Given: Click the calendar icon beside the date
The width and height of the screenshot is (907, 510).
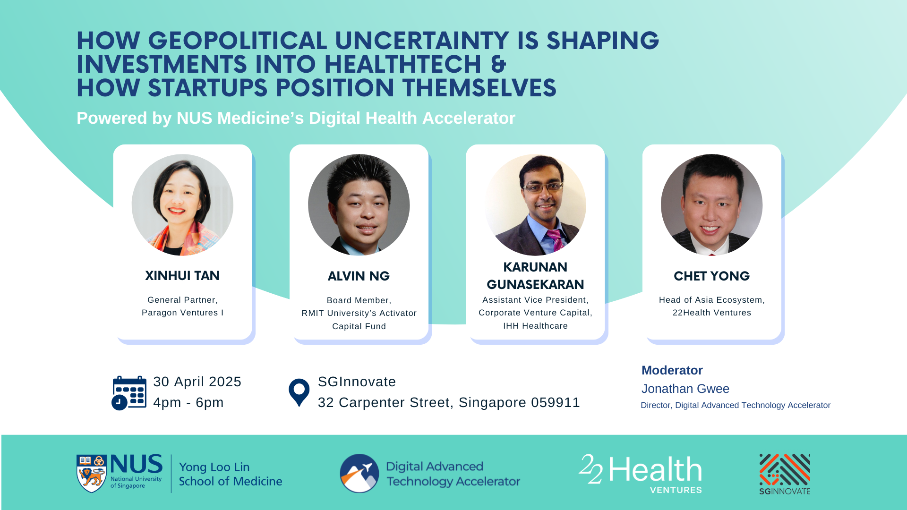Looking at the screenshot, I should coord(129,393).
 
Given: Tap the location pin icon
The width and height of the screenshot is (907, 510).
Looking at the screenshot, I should coord(299,392).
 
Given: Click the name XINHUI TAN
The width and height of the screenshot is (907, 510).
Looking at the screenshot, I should coord(182,276).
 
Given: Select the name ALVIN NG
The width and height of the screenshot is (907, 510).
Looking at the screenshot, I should coord(359,276).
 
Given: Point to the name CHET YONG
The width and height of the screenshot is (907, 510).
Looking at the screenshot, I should coord(711,276).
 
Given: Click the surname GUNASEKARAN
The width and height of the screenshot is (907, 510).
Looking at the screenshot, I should coord(535,285).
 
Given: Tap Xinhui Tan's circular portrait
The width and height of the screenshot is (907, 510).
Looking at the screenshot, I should coord(182,205).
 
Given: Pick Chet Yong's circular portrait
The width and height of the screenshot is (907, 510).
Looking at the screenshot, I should coord(711,205).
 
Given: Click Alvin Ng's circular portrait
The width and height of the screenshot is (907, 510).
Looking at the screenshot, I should coord(359,205).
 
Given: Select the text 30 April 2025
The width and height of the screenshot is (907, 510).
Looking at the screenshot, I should coord(197,382).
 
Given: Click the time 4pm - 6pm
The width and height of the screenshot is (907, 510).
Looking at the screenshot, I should coord(188,402).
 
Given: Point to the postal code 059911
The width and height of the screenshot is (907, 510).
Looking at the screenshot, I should coord(556,402).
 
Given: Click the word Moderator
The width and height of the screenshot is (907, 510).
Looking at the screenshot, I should coord(672,370).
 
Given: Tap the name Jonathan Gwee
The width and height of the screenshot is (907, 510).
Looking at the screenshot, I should coord(685,389).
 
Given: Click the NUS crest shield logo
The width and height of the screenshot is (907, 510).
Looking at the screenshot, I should coord(91,474).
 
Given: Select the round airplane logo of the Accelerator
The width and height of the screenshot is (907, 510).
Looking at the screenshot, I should coord(359,473).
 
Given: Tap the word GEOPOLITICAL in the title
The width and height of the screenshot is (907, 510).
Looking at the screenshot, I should coord(238,41).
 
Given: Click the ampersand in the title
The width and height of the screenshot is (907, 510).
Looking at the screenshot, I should coord(498,65).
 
